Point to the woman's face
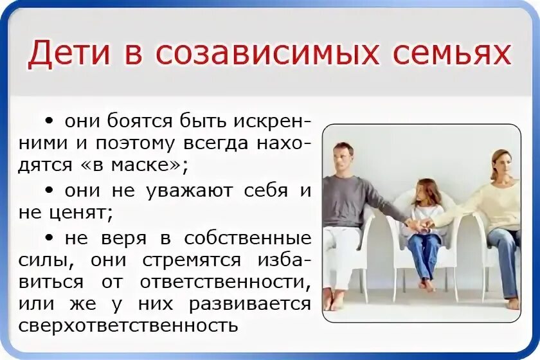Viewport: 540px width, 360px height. [500, 163]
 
